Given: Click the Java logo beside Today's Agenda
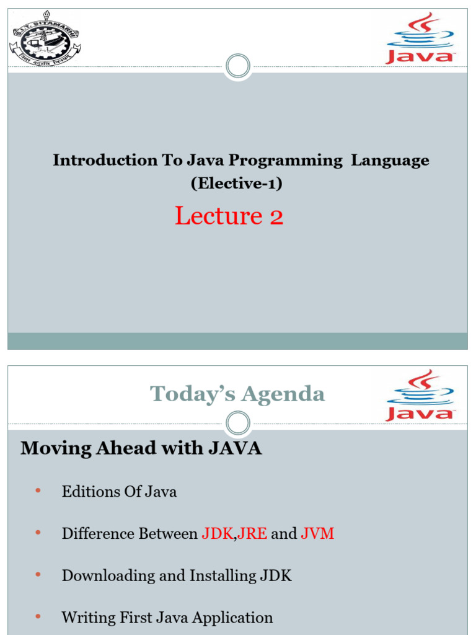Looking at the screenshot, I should (x=421, y=396).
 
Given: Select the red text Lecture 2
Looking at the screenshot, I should (x=229, y=216).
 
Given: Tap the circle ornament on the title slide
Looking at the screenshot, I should (x=238, y=66).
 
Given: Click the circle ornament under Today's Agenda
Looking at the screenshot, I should (x=238, y=424).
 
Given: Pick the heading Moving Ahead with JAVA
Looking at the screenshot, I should (x=141, y=448).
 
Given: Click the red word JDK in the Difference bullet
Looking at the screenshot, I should (x=216, y=534).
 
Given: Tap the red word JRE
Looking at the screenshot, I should (x=252, y=534).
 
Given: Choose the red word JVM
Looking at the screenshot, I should (x=317, y=534).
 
